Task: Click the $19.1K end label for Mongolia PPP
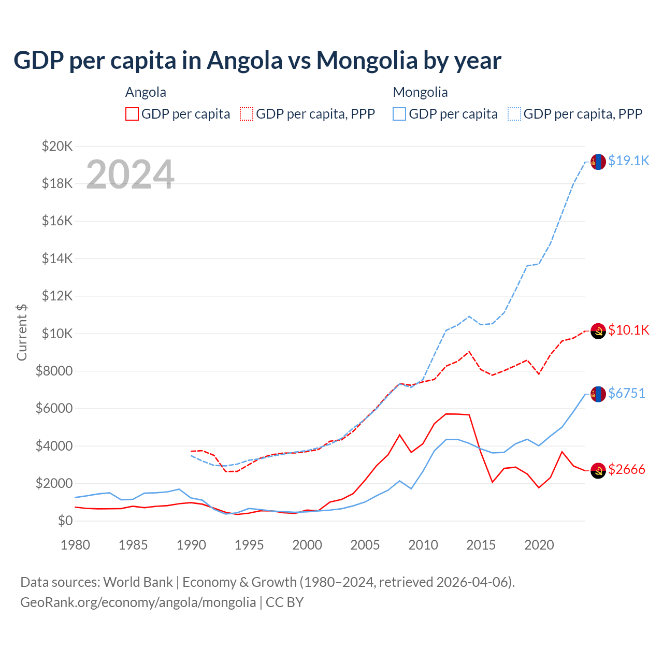628,161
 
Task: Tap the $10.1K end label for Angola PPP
628,330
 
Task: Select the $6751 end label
626,394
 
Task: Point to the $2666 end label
626,470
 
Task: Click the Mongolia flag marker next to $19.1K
598,162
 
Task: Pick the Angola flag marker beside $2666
598,470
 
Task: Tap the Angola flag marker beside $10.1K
598,330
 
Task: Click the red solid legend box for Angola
132,114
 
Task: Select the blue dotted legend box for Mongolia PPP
514,114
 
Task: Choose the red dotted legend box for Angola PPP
247,114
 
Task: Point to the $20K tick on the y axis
57,146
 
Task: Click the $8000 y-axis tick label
54,371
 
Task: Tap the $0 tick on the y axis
65,521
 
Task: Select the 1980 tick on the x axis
76,545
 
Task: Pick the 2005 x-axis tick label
365,545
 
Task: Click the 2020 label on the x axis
539,545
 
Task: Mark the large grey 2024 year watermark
130,175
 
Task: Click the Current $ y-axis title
22,332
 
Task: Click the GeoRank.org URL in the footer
138,602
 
